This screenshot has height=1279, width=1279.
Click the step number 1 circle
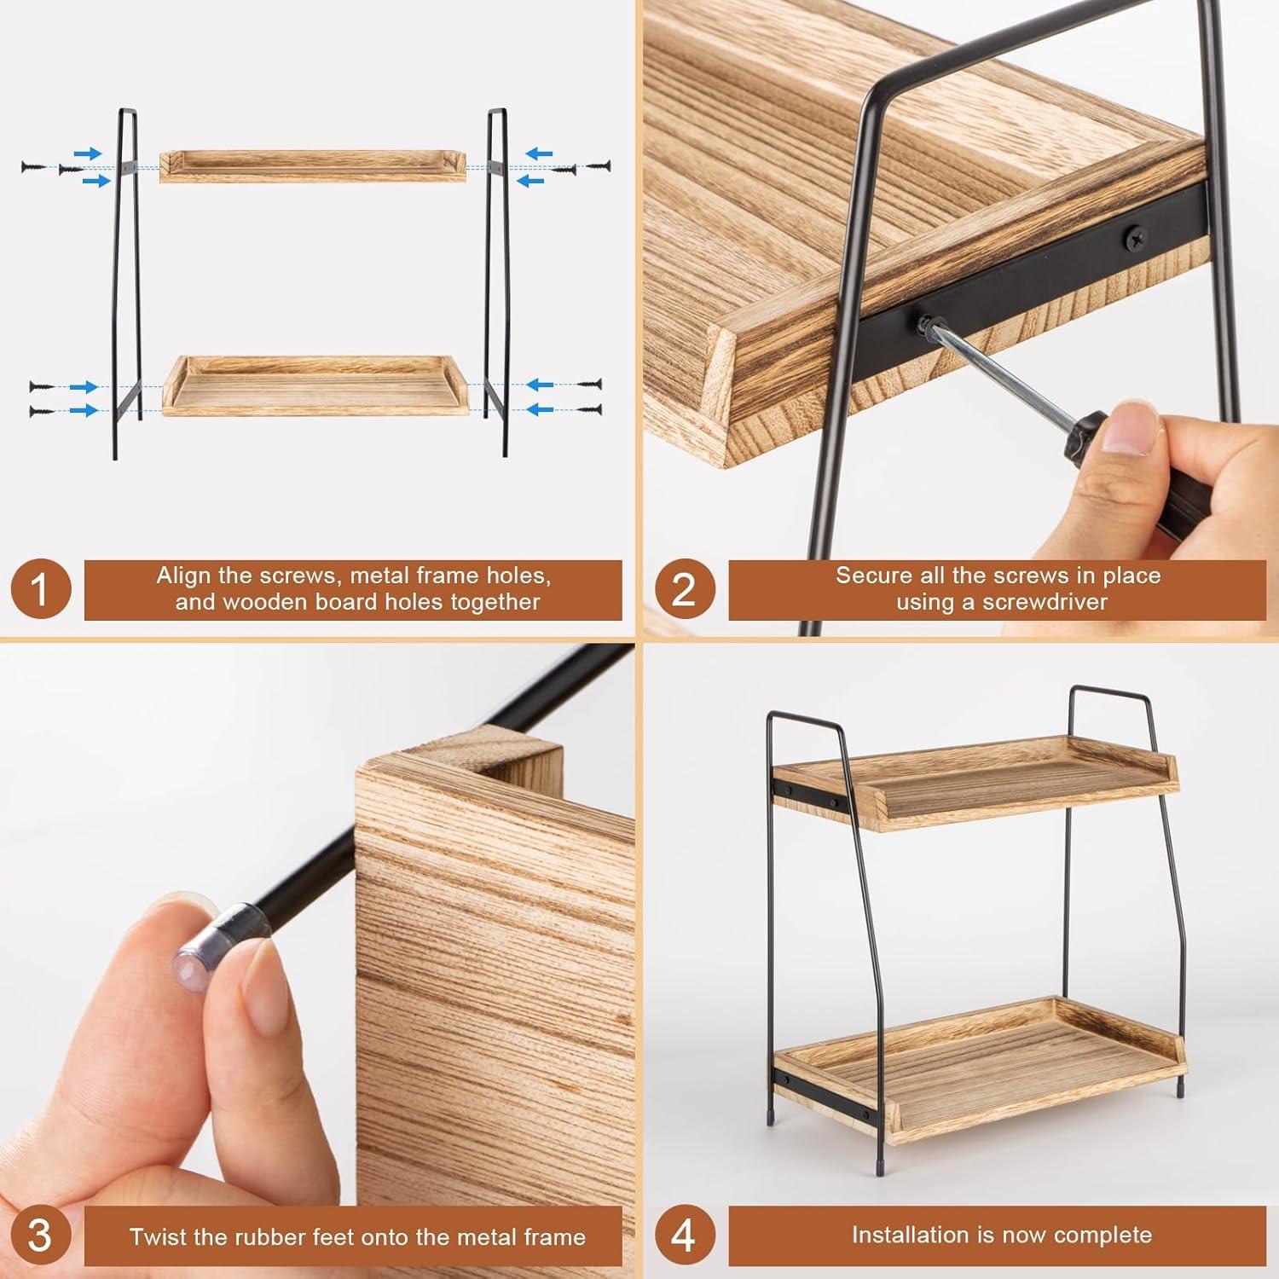tap(39, 589)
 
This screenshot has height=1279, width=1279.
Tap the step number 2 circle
tap(683, 589)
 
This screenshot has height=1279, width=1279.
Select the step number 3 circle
tap(39, 1236)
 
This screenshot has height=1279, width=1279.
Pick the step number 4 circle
tap(683, 1236)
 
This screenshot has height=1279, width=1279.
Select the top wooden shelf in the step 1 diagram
tap(313, 166)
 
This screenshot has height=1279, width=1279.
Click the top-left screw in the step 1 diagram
tap(32, 166)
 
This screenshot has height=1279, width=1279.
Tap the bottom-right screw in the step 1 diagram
tap(588, 411)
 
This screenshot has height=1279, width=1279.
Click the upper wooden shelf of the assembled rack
tap(981, 780)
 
